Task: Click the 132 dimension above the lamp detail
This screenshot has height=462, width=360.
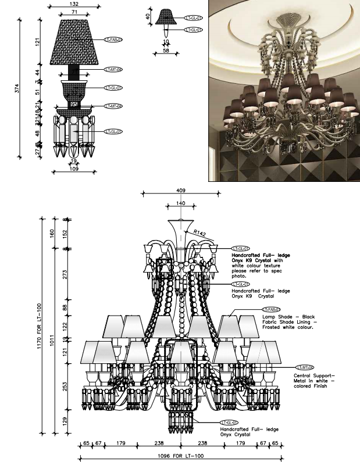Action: tap(74, 4)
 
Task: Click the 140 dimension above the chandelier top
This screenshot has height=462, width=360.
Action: tap(181, 204)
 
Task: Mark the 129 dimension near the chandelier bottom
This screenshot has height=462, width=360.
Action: tap(66, 420)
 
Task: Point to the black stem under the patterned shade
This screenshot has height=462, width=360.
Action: tap(74, 73)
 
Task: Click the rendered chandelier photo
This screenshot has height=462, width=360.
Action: tap(283, 91)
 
